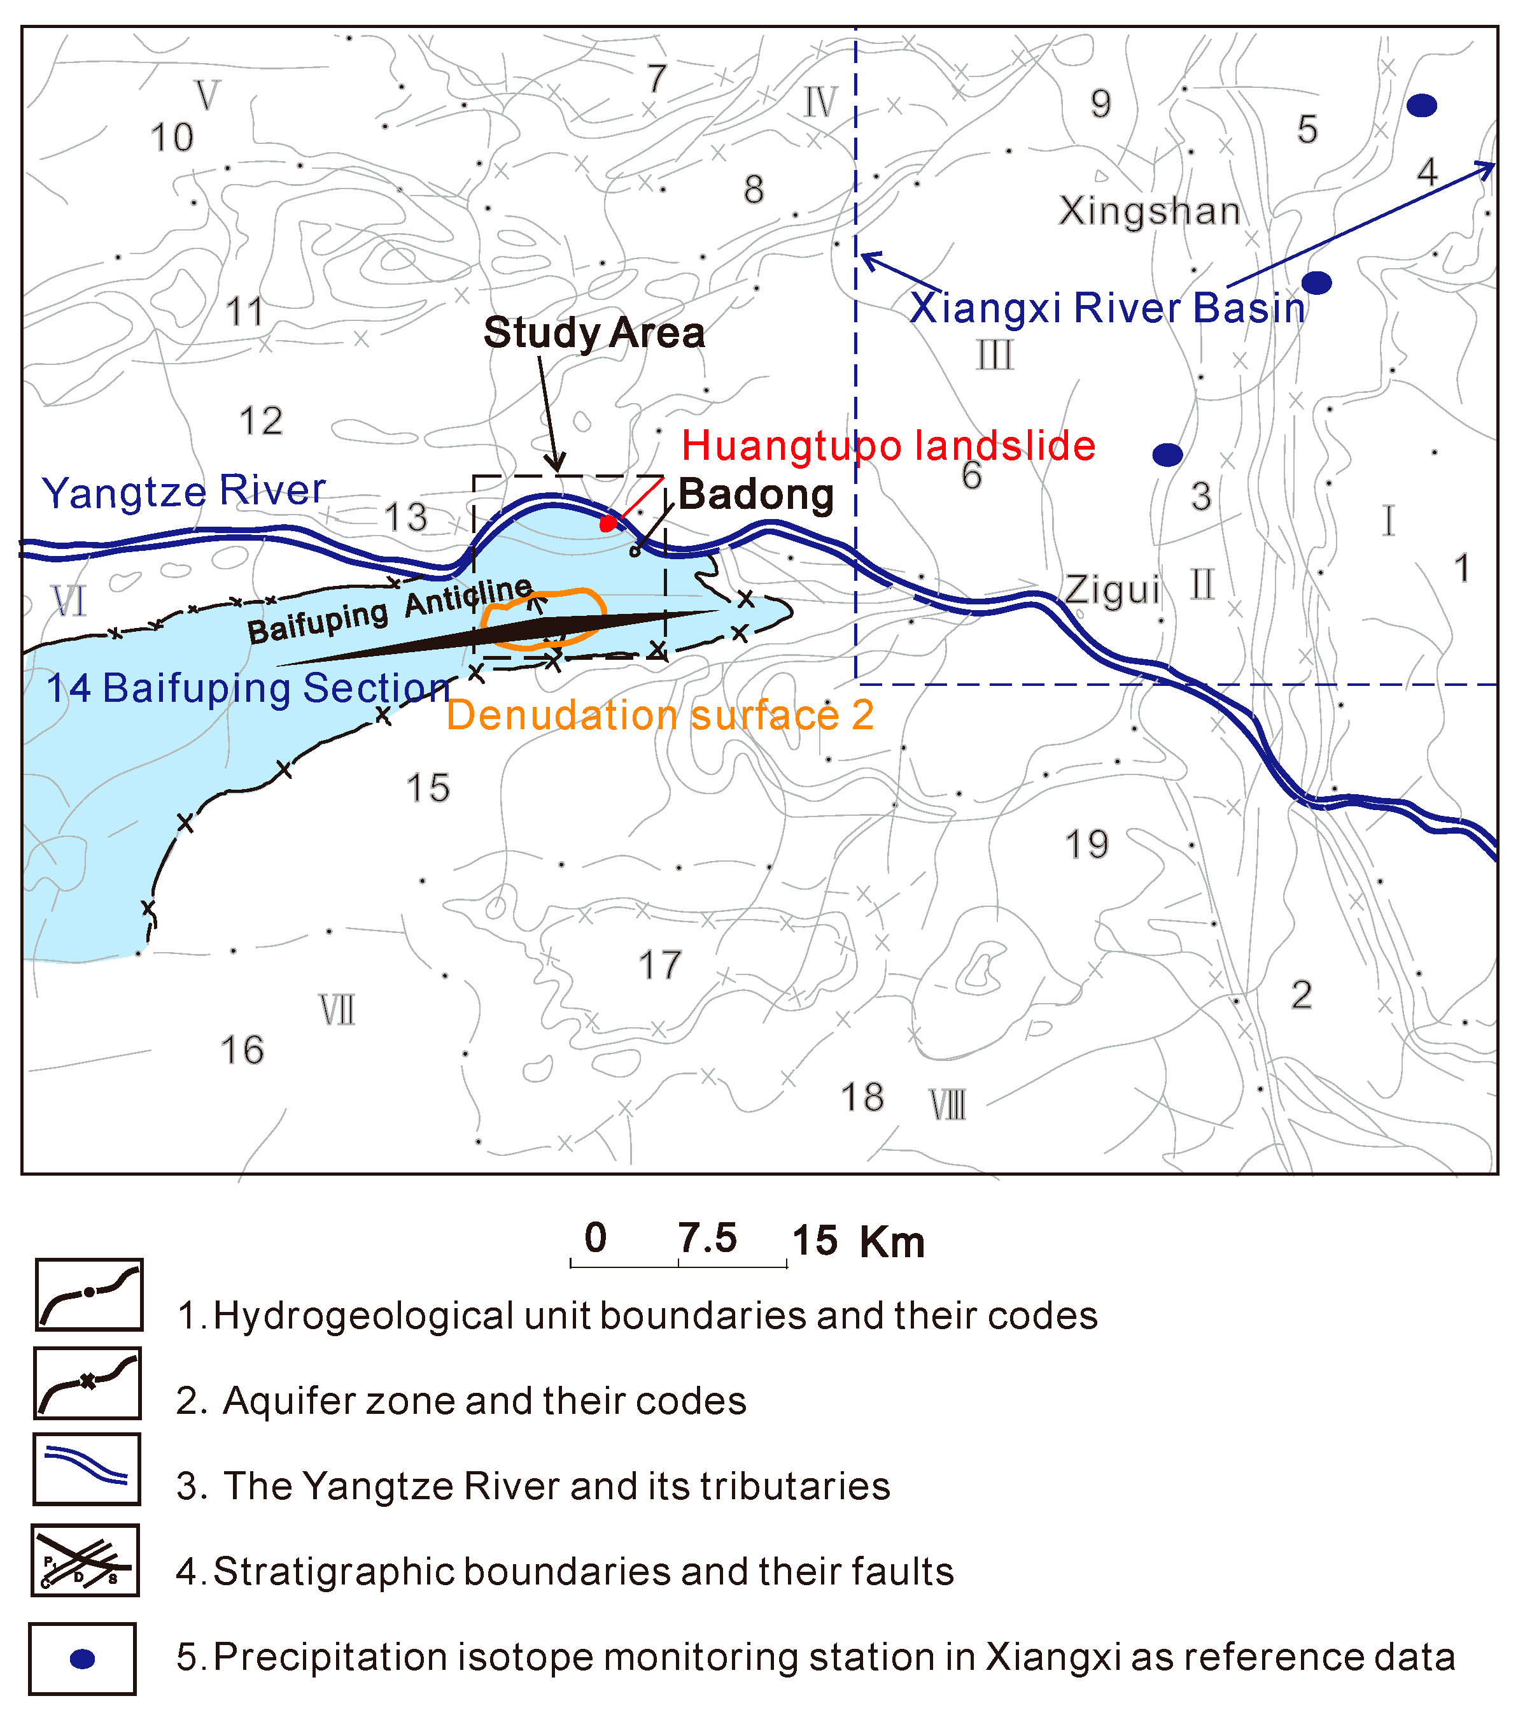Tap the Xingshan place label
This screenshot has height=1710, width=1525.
[1149, 211]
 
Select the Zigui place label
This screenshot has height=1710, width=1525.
[1112, 591]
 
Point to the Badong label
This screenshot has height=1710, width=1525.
[755, 495]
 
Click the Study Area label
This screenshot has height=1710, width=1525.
[594, 333]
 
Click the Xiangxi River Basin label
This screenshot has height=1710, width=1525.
[1107, 308]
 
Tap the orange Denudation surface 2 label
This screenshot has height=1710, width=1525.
[659, 716]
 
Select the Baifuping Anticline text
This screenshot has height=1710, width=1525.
[390, 611]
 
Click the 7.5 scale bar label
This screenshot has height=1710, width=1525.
[708, 1239]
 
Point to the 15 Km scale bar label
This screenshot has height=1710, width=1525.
[858, 1241]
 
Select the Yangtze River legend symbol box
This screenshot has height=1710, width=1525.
[87, 1469]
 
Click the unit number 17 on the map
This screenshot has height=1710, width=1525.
[660, 965]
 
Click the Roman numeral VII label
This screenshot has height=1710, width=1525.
[337, 1011]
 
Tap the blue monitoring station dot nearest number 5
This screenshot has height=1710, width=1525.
[1422, 106]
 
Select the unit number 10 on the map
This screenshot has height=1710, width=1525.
[172, 138]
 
